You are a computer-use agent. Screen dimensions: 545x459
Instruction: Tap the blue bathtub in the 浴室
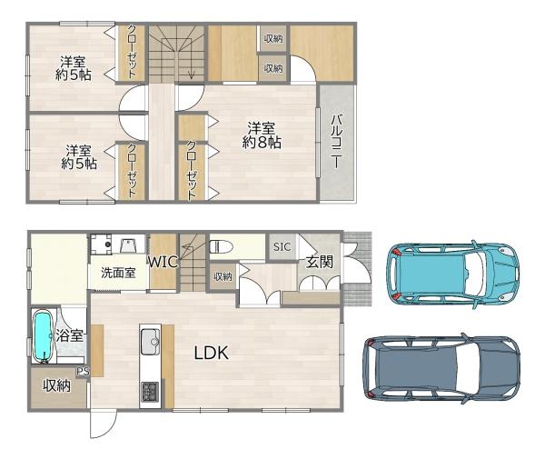pyautogui.click(x=43, y=336)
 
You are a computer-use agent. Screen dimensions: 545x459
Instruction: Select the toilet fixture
pyautogui.click(x=221, y=246)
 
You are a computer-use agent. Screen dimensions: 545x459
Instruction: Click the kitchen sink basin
pyautogui.click(x=150, y=342)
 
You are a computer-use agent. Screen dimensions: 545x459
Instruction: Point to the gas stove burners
pyautogui.click(x=150, y=392)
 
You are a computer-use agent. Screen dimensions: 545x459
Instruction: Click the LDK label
pyautogui.click(x=211, y=353)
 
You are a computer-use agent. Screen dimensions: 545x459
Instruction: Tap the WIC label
pyautogui.click(x=163, y=262)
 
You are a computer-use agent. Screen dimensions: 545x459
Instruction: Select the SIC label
pyautogui.click(x=282, y=247)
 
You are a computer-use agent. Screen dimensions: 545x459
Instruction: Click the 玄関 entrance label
pyautogui.click(x=320, y=262)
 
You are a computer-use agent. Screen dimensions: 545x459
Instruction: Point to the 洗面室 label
pyautogui.click(x=118, y=273)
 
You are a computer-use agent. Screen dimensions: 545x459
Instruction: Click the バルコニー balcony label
pyautogui.click(x=336, y=141)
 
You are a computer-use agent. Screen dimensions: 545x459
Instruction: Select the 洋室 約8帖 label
pyautogui.click(x=262, y=135)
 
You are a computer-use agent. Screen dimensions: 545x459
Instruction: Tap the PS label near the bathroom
pyautogui.click(x=83, y=372)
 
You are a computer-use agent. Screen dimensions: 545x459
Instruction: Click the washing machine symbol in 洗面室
pyautogui.click(x=101, y=244)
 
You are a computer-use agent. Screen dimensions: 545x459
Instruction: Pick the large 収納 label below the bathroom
pyautogui.click(x=56, y=385)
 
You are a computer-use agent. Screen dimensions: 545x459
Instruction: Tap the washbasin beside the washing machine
pyautogui.click(x=127, y=245)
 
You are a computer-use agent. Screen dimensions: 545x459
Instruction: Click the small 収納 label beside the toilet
pyautogui.click(x=223, y=277)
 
